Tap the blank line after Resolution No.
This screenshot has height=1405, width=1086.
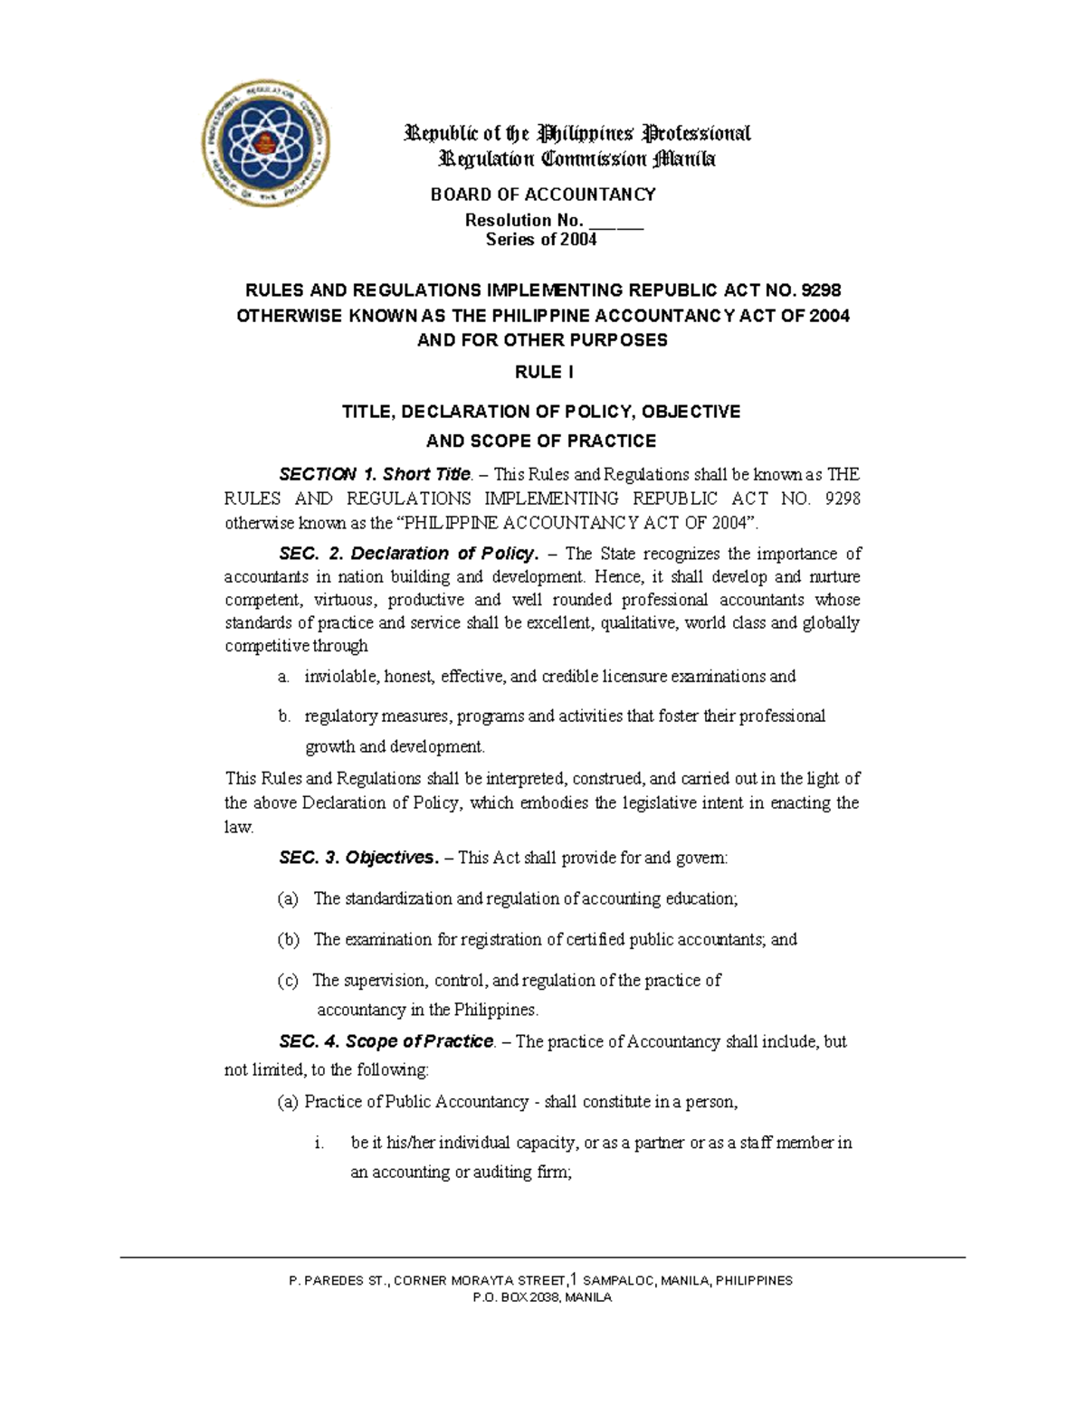pyautogui.click(x=616, y=221)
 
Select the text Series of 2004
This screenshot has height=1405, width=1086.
pyautogui.click(x=541, y=240)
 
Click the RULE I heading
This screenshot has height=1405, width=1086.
pyautogui.click(x=543, y=373)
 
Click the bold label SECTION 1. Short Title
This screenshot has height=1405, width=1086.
pyautogui.click(x=375, y=474)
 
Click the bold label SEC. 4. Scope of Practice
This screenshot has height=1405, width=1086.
pyautogui.click(x=386, y=1041)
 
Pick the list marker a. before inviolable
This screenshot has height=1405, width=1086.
pyautogui.click(x=284, y=677)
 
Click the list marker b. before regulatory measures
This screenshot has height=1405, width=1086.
pyautogui.click(x=284, y=717)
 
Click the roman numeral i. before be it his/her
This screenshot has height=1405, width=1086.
pyautogui.click(x=319, y=1144)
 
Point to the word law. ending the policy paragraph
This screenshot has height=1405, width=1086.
pyautogui.click(x=239, y=827)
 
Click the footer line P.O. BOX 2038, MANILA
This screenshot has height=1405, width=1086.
pyautogui.click(x=542, y=1297)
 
